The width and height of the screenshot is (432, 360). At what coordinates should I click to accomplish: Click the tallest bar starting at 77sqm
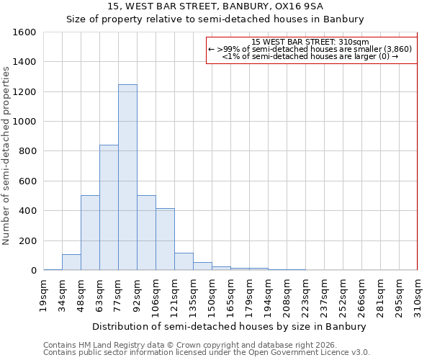click(127, 177)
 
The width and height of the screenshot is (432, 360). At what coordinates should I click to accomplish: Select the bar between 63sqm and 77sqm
click(109, 207)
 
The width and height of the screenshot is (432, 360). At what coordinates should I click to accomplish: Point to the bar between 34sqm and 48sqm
click(71, 262)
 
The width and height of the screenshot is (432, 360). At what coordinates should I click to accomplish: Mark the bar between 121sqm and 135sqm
click(184, 261)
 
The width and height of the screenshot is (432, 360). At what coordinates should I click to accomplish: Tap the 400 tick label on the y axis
click(27, 211)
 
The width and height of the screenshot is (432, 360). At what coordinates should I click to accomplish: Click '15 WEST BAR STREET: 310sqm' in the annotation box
click(311, 42)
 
